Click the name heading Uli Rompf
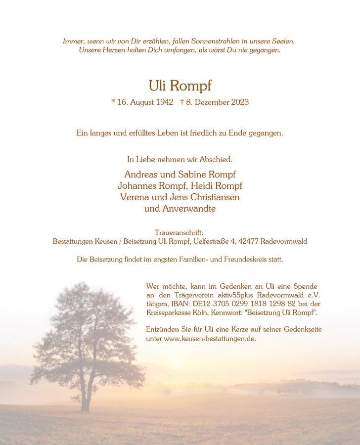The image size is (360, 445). click(180, 86)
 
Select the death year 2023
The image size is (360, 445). click(239, 102)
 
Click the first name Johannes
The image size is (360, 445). click(136, 185)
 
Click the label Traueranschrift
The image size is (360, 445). click(179, 232)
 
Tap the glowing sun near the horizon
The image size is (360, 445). click(177, 363)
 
